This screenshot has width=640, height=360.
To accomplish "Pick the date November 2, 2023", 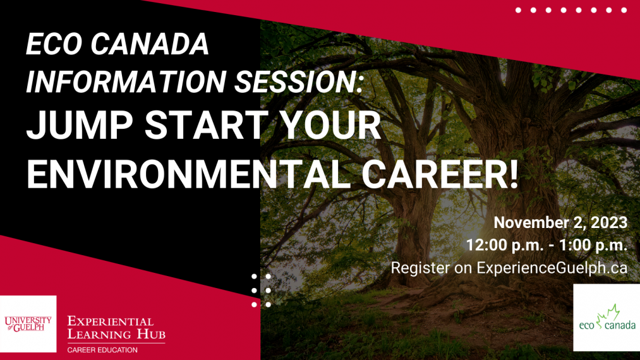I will [560, 222].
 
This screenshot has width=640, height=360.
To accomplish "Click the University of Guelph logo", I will [28, 323].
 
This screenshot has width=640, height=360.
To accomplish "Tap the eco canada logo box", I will [607, 317].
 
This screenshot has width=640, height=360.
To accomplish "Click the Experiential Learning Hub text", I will [116, 327].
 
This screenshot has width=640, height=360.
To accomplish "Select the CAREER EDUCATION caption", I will [102, 349].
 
